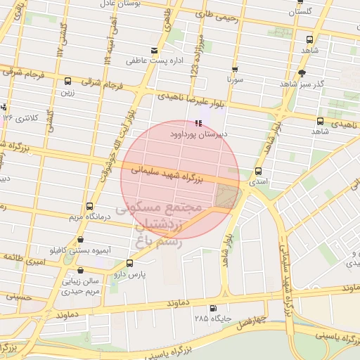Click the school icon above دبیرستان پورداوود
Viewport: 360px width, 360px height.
click(x=196, y=123)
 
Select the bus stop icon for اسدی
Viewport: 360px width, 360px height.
click(x=258, y=171)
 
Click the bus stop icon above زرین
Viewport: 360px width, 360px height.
click(x=67, y=81)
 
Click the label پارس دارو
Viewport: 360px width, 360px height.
click(x=141, y=275)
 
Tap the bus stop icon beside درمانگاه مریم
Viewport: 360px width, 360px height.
click(x=89, y=206)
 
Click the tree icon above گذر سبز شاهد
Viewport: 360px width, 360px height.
click(x=302, y=73)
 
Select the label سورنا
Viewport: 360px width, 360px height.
click(x=234, y=81)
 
